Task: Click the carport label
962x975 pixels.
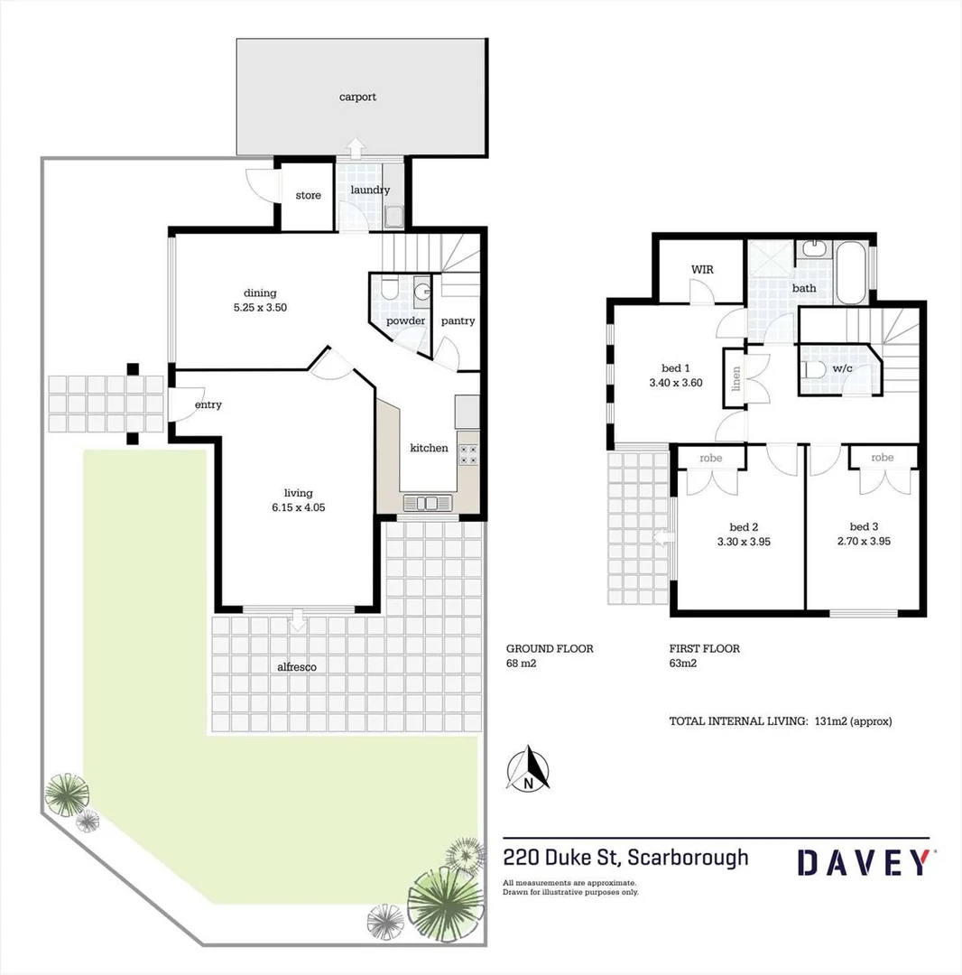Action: [357, 97]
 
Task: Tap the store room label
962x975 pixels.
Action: [308, 195]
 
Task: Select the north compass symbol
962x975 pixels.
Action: [531, 770]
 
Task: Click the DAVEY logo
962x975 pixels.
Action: [864, 862]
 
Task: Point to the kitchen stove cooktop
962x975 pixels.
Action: [468, 453]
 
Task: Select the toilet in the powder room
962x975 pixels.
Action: [389, 289]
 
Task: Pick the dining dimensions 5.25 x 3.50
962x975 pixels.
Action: [260, 307]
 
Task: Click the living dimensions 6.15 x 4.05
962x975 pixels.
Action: [299, 507]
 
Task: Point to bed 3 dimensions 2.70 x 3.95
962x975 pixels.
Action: [865, 542]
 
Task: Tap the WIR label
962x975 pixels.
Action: [703, 269]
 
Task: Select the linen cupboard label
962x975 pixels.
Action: [736, 373]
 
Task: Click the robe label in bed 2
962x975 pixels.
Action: [711, 458]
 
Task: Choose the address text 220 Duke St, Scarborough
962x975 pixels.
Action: [625, 856]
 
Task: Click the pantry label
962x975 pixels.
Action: [458, 320]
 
